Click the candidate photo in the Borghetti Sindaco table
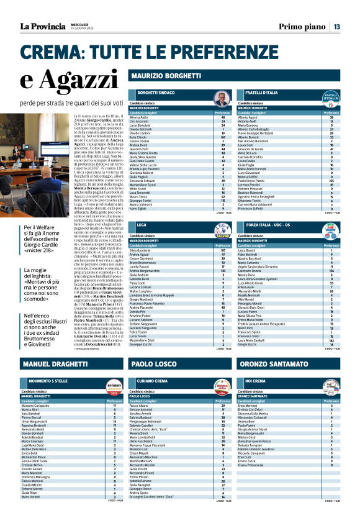(221, 98)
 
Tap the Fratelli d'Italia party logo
(331, 96)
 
